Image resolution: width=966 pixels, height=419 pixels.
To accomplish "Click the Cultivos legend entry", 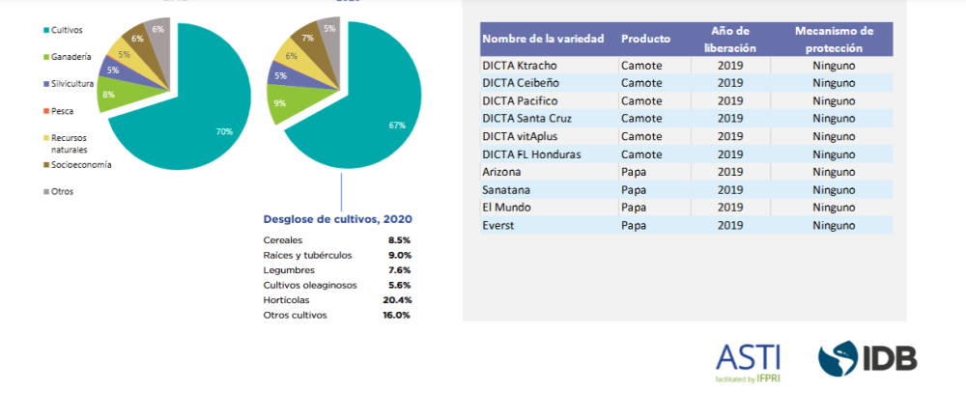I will [42, 31].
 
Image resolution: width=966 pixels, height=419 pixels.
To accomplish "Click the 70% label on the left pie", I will [224, 131].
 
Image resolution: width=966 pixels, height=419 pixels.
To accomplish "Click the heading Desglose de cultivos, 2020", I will [337, 218].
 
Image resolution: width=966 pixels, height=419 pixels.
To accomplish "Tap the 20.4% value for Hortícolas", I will [397, 300].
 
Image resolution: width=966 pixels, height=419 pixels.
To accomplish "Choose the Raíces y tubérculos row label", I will [307, 255].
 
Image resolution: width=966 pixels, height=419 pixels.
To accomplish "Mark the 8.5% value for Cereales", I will [400, 239].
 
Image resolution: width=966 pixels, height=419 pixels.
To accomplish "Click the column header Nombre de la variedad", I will [543, 39].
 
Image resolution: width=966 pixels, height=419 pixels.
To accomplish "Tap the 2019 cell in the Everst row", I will [730, 225].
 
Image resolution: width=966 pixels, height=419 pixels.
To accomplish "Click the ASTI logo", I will [748, 362].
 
